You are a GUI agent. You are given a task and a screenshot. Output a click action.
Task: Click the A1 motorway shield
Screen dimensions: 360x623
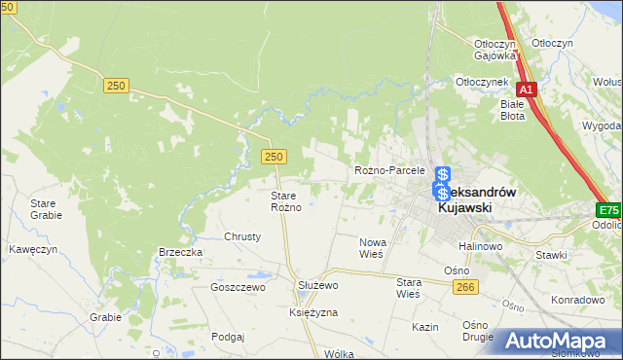click(526, 90)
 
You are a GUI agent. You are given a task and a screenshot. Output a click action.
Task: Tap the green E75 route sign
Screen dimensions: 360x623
click(609, 210)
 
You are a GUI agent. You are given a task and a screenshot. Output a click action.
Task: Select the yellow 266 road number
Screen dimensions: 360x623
click(465, 285)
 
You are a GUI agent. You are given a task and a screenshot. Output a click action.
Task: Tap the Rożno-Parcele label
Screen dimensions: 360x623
click(389, 170)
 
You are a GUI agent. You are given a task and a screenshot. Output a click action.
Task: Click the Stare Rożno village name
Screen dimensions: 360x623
click(289, 201)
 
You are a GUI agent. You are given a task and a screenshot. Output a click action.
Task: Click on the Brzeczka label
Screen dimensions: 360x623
click(180, 252)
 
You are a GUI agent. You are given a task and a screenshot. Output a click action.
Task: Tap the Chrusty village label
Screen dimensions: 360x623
click(242, 236)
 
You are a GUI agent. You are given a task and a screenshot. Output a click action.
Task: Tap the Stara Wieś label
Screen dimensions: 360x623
click(408, 286)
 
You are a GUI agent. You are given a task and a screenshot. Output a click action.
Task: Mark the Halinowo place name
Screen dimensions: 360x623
click(485, 247)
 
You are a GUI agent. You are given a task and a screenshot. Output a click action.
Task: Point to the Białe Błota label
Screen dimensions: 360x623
click(512, 109)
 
